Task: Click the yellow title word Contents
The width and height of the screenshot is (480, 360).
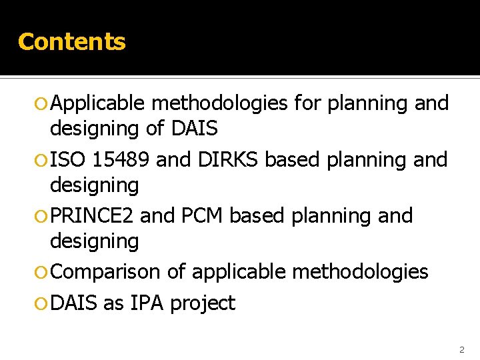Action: (71, 41)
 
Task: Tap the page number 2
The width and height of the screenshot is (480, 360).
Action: (461, 349)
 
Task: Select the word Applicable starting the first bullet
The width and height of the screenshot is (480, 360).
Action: (98, 103)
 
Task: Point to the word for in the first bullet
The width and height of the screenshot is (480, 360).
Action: (310, 103)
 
